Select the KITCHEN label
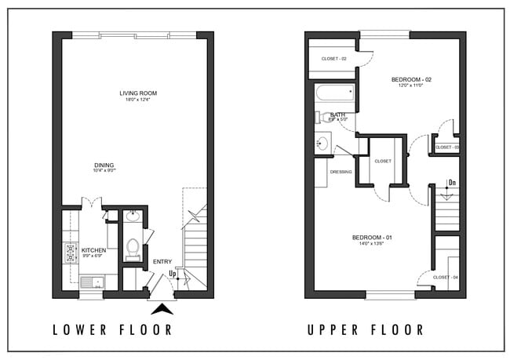[x=93, y=250]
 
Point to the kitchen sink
[x=89, y=281]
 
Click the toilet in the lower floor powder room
[x=133, y=248]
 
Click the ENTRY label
[x=162, y=261]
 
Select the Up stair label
[x=172, y=274]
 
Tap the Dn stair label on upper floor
[x=451, y=183]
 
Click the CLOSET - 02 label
[x=334, y=59]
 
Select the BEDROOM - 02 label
[x=411, y=79]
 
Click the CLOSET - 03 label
[x=446, y=147]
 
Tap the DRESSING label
[x=341, y=172]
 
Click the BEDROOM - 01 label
[x=371, y=238]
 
